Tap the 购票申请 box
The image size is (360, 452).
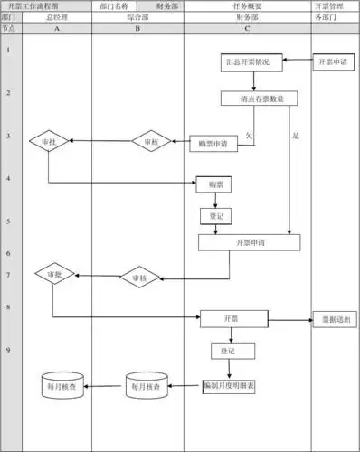point(213,144)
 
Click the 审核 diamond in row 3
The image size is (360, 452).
point(150,142)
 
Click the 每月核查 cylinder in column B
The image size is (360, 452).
point(146,386)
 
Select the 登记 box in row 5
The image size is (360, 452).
point(213,217)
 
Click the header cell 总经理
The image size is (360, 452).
point(57,17)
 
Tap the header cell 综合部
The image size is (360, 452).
point(137,17)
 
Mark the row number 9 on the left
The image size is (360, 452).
point(8,349)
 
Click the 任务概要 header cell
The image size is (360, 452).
point(247,5)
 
